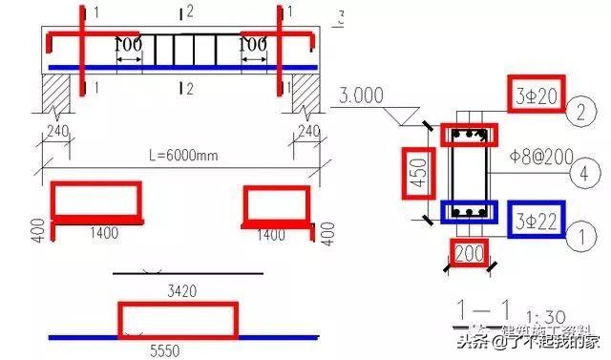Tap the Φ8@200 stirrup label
click(534, 153)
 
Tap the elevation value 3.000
click(360, 96)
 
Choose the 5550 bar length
click(178, 349)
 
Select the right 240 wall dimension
click(307, 129)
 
